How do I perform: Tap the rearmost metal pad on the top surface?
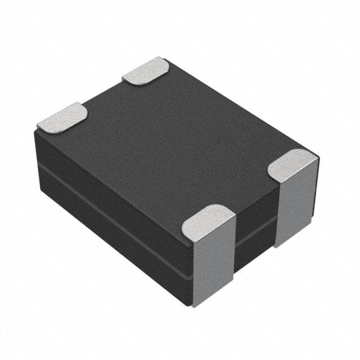click(x=146, y=71)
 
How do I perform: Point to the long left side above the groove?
click(x=112, y=186)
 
